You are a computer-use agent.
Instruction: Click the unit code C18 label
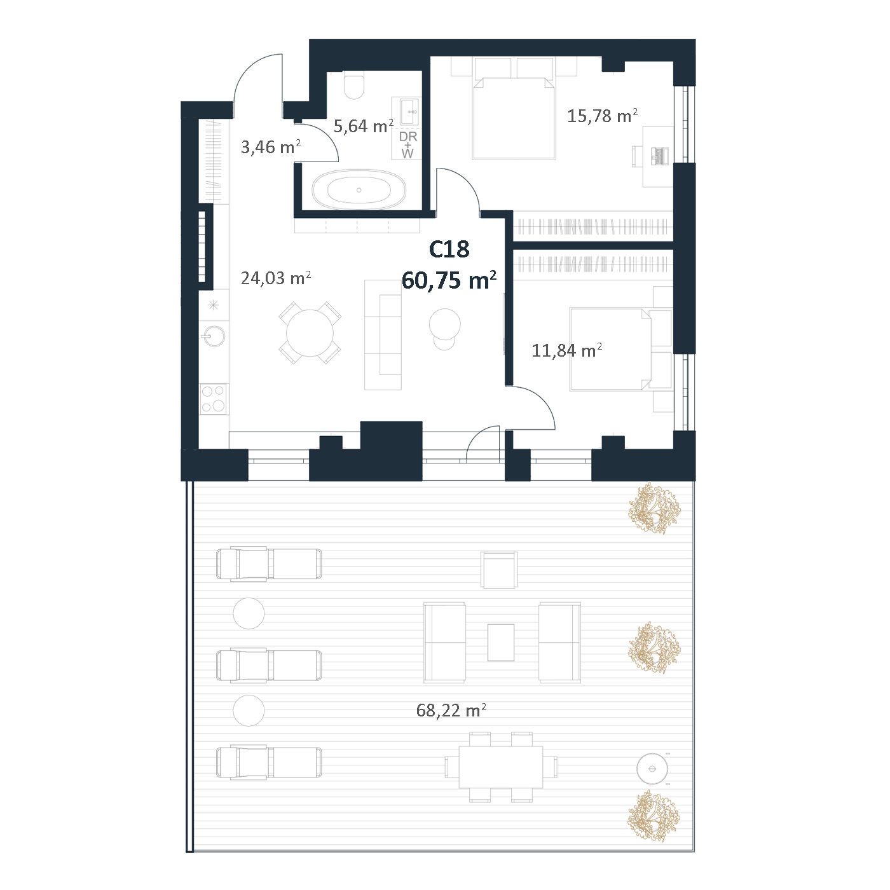(x=449, y=249)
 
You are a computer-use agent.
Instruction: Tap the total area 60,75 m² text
(x=449, y=280)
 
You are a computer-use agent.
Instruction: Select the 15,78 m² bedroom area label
(x=602, y=116)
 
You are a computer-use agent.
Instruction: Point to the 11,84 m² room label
(x=566, y=350)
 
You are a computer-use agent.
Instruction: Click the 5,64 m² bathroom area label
(x=364, y=126)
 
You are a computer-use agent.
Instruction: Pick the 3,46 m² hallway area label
(x=271, y=147)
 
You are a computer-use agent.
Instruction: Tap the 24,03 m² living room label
(x=276, y=278)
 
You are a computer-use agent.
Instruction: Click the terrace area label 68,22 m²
(x=451, y=710)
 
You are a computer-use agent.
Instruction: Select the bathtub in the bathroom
(x=359, y=190)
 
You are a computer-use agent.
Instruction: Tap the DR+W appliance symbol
(x=407, y=144)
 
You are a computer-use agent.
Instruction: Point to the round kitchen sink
(x=214, y=336)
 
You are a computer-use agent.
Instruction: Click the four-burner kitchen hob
(x=214, y=399)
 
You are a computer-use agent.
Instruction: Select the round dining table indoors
(x=310, y=332)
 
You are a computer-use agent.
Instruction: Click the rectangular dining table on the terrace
(x=501, y=767)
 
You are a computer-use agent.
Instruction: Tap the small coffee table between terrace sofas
(x=501, y=643)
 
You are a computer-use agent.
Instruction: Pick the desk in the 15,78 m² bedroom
(x=658, y=156)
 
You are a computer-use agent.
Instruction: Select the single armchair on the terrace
(x=499, y=570)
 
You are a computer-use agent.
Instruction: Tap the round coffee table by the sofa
(x=444, y=324)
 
